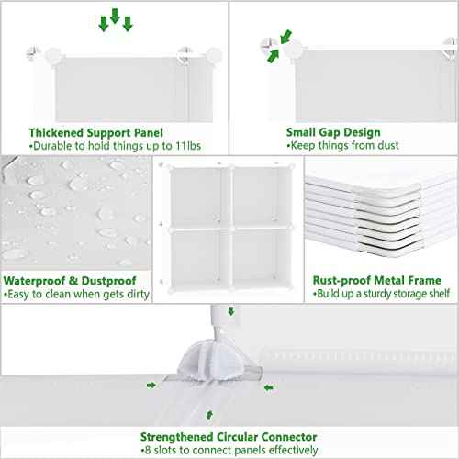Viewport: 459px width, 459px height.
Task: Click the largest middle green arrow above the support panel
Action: (x=115, y=17)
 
